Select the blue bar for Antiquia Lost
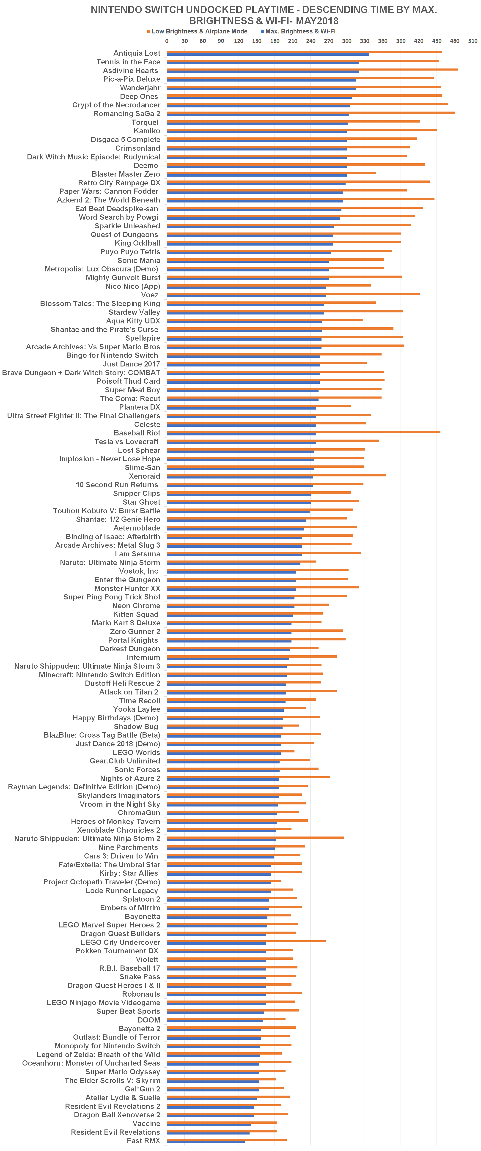[x=267, y=55]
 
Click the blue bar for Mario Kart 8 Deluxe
[x=229, y=624]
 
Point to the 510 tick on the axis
[x=473, y=41]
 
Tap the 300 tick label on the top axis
[x=346, y=41]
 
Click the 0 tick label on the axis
[x=167, y=41]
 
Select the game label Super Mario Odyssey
[x=123, y=1072]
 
